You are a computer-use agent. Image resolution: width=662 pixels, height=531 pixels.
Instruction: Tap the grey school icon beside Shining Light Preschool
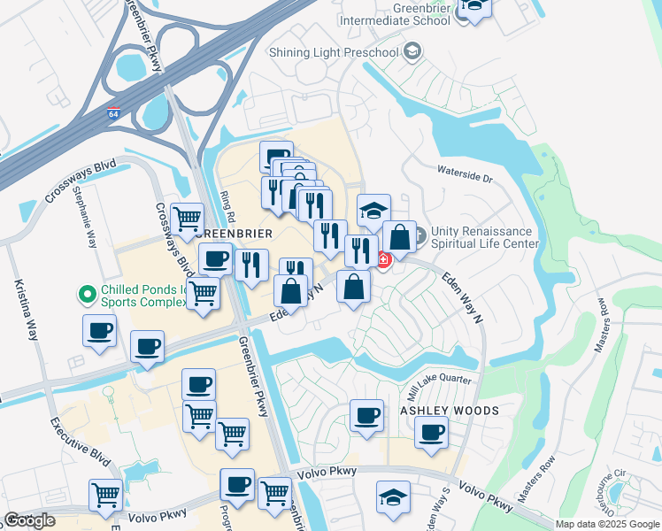click(411, 53)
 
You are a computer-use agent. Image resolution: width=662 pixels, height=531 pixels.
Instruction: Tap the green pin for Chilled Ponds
click(87, 291)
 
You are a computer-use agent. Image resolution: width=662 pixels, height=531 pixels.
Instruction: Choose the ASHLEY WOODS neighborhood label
click(450, 412)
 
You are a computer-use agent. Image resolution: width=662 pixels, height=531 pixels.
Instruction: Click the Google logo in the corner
click(29, 520)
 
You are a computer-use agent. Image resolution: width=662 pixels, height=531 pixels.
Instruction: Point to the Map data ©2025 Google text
click(607, 524)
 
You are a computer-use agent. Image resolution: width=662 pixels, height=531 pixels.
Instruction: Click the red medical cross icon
click(383, 259)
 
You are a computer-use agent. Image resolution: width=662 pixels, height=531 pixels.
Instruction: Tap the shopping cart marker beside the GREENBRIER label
click(187, 219)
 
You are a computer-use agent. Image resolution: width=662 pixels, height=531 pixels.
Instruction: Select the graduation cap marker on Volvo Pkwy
click(393, 496)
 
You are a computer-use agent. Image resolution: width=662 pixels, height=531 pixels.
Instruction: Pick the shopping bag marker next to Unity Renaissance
click(399, 237)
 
